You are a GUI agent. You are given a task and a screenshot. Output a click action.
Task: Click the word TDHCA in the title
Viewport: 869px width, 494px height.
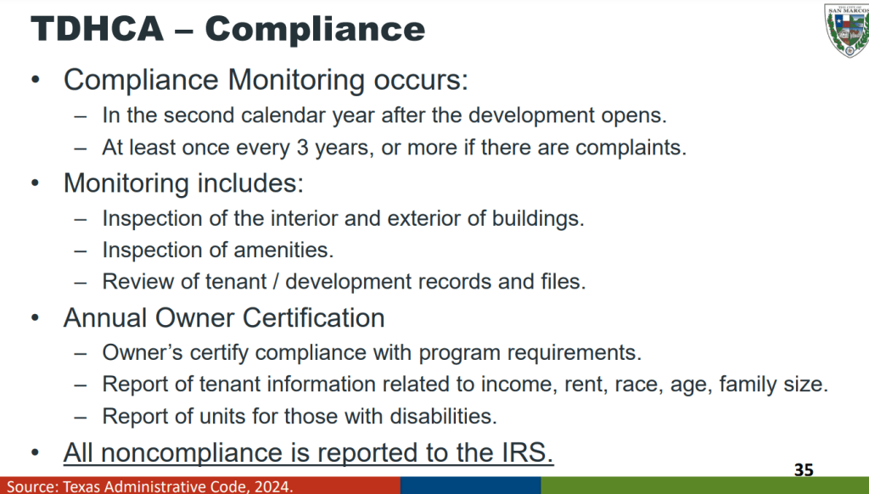coord(98,28)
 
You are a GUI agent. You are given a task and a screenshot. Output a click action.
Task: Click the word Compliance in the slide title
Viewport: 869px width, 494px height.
coord(315,28)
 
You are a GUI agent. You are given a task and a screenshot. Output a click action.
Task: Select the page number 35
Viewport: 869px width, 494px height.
coord(804,470)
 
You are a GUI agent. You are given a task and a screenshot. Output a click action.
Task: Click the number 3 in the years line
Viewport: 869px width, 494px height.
coord(302,148)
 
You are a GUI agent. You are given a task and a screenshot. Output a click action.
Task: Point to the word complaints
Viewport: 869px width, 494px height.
coord(631,148)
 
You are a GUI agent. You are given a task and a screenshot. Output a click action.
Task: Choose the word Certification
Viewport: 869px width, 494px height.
coord(313,318)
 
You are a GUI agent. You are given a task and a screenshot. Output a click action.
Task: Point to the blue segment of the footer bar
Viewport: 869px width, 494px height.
coord(470,486)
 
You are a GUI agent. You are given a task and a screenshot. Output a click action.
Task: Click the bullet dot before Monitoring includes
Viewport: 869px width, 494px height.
coord(36,183)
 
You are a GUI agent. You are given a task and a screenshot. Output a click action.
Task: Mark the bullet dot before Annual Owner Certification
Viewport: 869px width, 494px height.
coord(36,318)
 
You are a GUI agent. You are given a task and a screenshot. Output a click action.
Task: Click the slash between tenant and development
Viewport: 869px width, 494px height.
coord(276,282)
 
